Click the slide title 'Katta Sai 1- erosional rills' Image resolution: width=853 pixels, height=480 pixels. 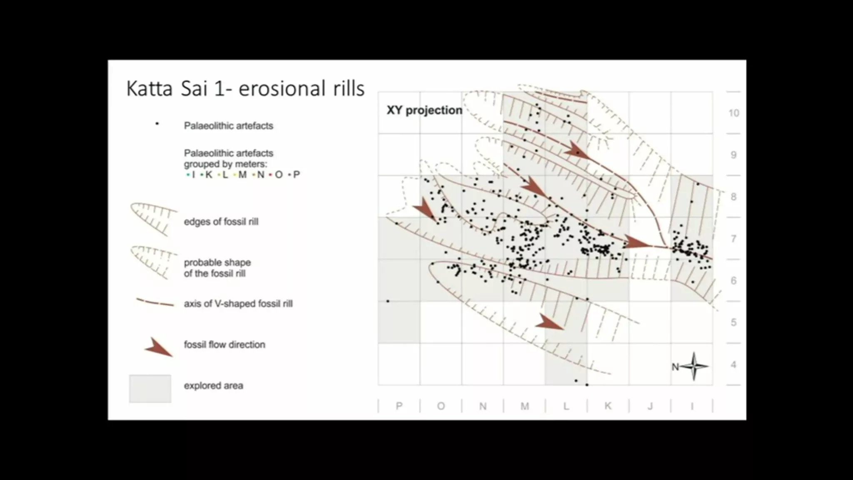coord(245,89)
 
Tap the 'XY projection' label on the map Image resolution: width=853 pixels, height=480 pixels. coord(424,110)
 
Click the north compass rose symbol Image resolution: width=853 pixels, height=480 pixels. coord(693,367)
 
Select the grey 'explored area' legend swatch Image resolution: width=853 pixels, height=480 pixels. coord(150,389)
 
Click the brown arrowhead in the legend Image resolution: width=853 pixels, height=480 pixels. coord(158,348)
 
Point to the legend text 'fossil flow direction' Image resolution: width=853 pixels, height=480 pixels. coord(224,345)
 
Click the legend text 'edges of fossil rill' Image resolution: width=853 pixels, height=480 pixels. coord(221,222)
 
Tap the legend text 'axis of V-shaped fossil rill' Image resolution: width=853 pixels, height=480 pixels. coord(238,304)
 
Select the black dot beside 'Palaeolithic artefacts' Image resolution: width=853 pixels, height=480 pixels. coord(157,124)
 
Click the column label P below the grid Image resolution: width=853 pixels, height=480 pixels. coord(399,406)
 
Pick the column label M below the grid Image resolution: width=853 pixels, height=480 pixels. coord(525,406)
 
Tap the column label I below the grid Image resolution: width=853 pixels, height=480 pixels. coord(692,406)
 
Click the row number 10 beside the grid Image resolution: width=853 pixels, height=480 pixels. coord(734,113)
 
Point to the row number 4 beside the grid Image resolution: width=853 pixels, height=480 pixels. coord(733,365)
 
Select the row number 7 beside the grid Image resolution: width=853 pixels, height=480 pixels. coord(733,239)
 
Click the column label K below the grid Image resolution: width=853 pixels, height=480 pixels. coord(608,406)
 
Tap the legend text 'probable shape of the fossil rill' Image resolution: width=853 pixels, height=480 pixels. coord(217,268)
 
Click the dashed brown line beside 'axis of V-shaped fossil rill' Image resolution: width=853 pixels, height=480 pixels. coord(155,302)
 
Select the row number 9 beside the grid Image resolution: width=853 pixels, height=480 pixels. coord(733,155)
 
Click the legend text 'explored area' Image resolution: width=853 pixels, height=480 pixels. coord(213,386)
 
